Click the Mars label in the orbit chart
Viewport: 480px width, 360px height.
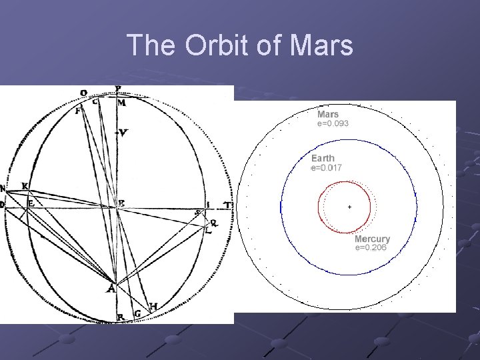click(327, 114)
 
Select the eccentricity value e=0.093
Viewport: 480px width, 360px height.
click(333, 123)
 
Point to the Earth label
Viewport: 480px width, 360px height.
click(323, 159)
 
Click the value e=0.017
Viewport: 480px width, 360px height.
click(327, 168)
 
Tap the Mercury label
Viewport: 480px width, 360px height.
click(371, 239)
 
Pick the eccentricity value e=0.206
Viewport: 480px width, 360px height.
click(371, 248)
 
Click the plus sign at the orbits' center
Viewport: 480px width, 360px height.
click(349, 208)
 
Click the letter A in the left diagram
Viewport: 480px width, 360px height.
click(111, 289)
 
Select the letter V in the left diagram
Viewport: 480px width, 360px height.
click(123, 133)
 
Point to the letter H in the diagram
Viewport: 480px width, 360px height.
click(153, 306)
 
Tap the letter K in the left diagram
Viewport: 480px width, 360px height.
click(25, 185)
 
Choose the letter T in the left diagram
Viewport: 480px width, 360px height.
click(227, 205)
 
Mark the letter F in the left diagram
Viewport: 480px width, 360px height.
click(79, 111)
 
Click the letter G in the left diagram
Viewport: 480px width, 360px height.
click(137, 313)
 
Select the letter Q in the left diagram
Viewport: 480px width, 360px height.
click(213, 223)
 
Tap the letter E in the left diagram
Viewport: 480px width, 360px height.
click(31, 203)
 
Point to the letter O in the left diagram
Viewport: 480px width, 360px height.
click(83, 93)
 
